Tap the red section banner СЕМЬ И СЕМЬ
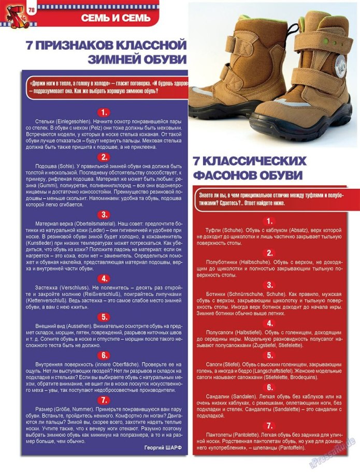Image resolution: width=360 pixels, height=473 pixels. (x=119, y=19)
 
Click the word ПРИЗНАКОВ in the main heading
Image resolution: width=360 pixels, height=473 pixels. (x=83, y=45)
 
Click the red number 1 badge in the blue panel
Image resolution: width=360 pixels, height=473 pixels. (x=104, y=112)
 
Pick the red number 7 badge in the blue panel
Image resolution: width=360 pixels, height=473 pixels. (x=104, y=400)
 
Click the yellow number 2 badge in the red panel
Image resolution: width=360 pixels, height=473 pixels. (x=269, y=253)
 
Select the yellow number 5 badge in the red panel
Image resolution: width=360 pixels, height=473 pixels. (x=269, y=355)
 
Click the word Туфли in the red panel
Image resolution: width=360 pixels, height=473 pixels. (x=214, y=229)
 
